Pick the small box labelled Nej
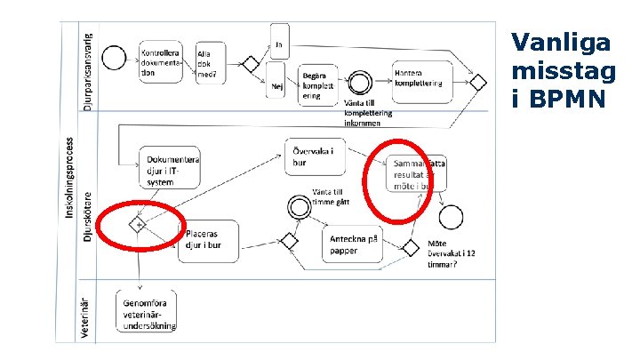[x=276, y=85]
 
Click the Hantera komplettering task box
[x=420, y=78]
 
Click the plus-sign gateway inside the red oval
[x=140, y=225]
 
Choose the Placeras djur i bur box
[x=210, y=240]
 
